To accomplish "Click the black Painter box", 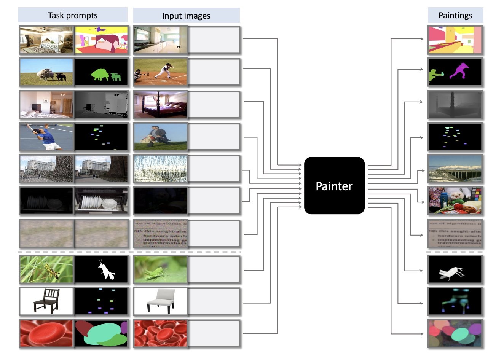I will pos(334,186).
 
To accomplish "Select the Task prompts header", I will pos(73,15).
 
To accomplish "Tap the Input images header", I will pos(186,16).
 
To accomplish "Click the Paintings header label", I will pos(455,15).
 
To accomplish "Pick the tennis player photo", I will pos(46,137).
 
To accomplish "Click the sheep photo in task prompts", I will pos(46,72).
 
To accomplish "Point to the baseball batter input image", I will pos(160,72).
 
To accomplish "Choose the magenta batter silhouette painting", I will pos(455,72).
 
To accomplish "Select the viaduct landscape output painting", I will pos(455,169).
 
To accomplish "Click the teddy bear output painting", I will pos(455,201).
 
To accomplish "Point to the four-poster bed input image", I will pos(160,104).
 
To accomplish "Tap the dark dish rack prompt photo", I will pos(46,201).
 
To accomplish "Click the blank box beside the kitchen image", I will pos(214,40).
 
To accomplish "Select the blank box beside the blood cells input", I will pos(214,333).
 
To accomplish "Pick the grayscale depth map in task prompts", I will pos(101,104).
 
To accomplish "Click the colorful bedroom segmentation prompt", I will pos(101,40).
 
